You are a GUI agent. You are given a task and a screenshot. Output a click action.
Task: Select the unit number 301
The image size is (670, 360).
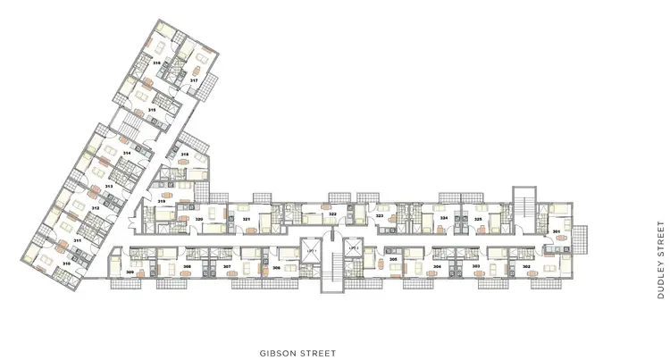pyautogui.click(x=557, y=232)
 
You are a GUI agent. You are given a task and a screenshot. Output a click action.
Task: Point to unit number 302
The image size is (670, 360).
pyautogui.click(x=526, y=266)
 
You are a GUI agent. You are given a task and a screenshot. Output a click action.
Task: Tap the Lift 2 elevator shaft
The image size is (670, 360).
pyautogui.click(x=354, y=248)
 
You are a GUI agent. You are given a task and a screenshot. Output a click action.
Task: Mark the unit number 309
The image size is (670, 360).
pyautogui.click(x=130, y=272)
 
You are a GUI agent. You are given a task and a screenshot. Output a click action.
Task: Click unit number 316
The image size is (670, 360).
pyautogui.click(x=156, y=63)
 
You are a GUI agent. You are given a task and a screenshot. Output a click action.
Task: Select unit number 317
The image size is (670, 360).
pyautogui.click(x=193, y=80)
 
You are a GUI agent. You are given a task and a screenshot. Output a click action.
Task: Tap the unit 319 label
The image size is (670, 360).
pyautogui.click(x=162, y=203)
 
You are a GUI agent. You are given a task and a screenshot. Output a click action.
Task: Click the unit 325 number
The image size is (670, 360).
pyautogui.click(x=478, y=218)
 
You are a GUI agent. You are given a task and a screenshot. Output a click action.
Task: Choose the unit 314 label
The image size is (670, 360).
pyautogui.click(x=127, y=154)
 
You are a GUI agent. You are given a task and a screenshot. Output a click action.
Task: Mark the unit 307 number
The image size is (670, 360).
pyautogui.click(x=227, y=267)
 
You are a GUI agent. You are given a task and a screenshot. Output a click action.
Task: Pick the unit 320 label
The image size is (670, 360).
pyautogui.click(x=200, y=219)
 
